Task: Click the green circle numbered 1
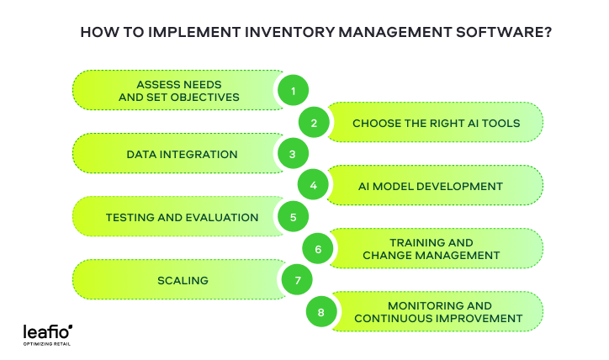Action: tap(293, 91)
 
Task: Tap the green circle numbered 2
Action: tap(314, 123)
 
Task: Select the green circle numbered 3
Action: tap(293, 154)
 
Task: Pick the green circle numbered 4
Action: tap(314, 186)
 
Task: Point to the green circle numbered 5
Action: tap(293, 217)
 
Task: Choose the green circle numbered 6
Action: tap(318, 249)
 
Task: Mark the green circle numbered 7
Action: tap(297, 280)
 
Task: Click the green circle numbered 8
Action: tap(320, 312)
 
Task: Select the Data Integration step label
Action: tap(182, 155)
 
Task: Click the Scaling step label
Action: tap(183, 280)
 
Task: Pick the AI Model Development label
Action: tap(429, 186)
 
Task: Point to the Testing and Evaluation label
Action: tap(182, 217)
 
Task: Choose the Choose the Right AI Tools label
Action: tap(436, 123)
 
